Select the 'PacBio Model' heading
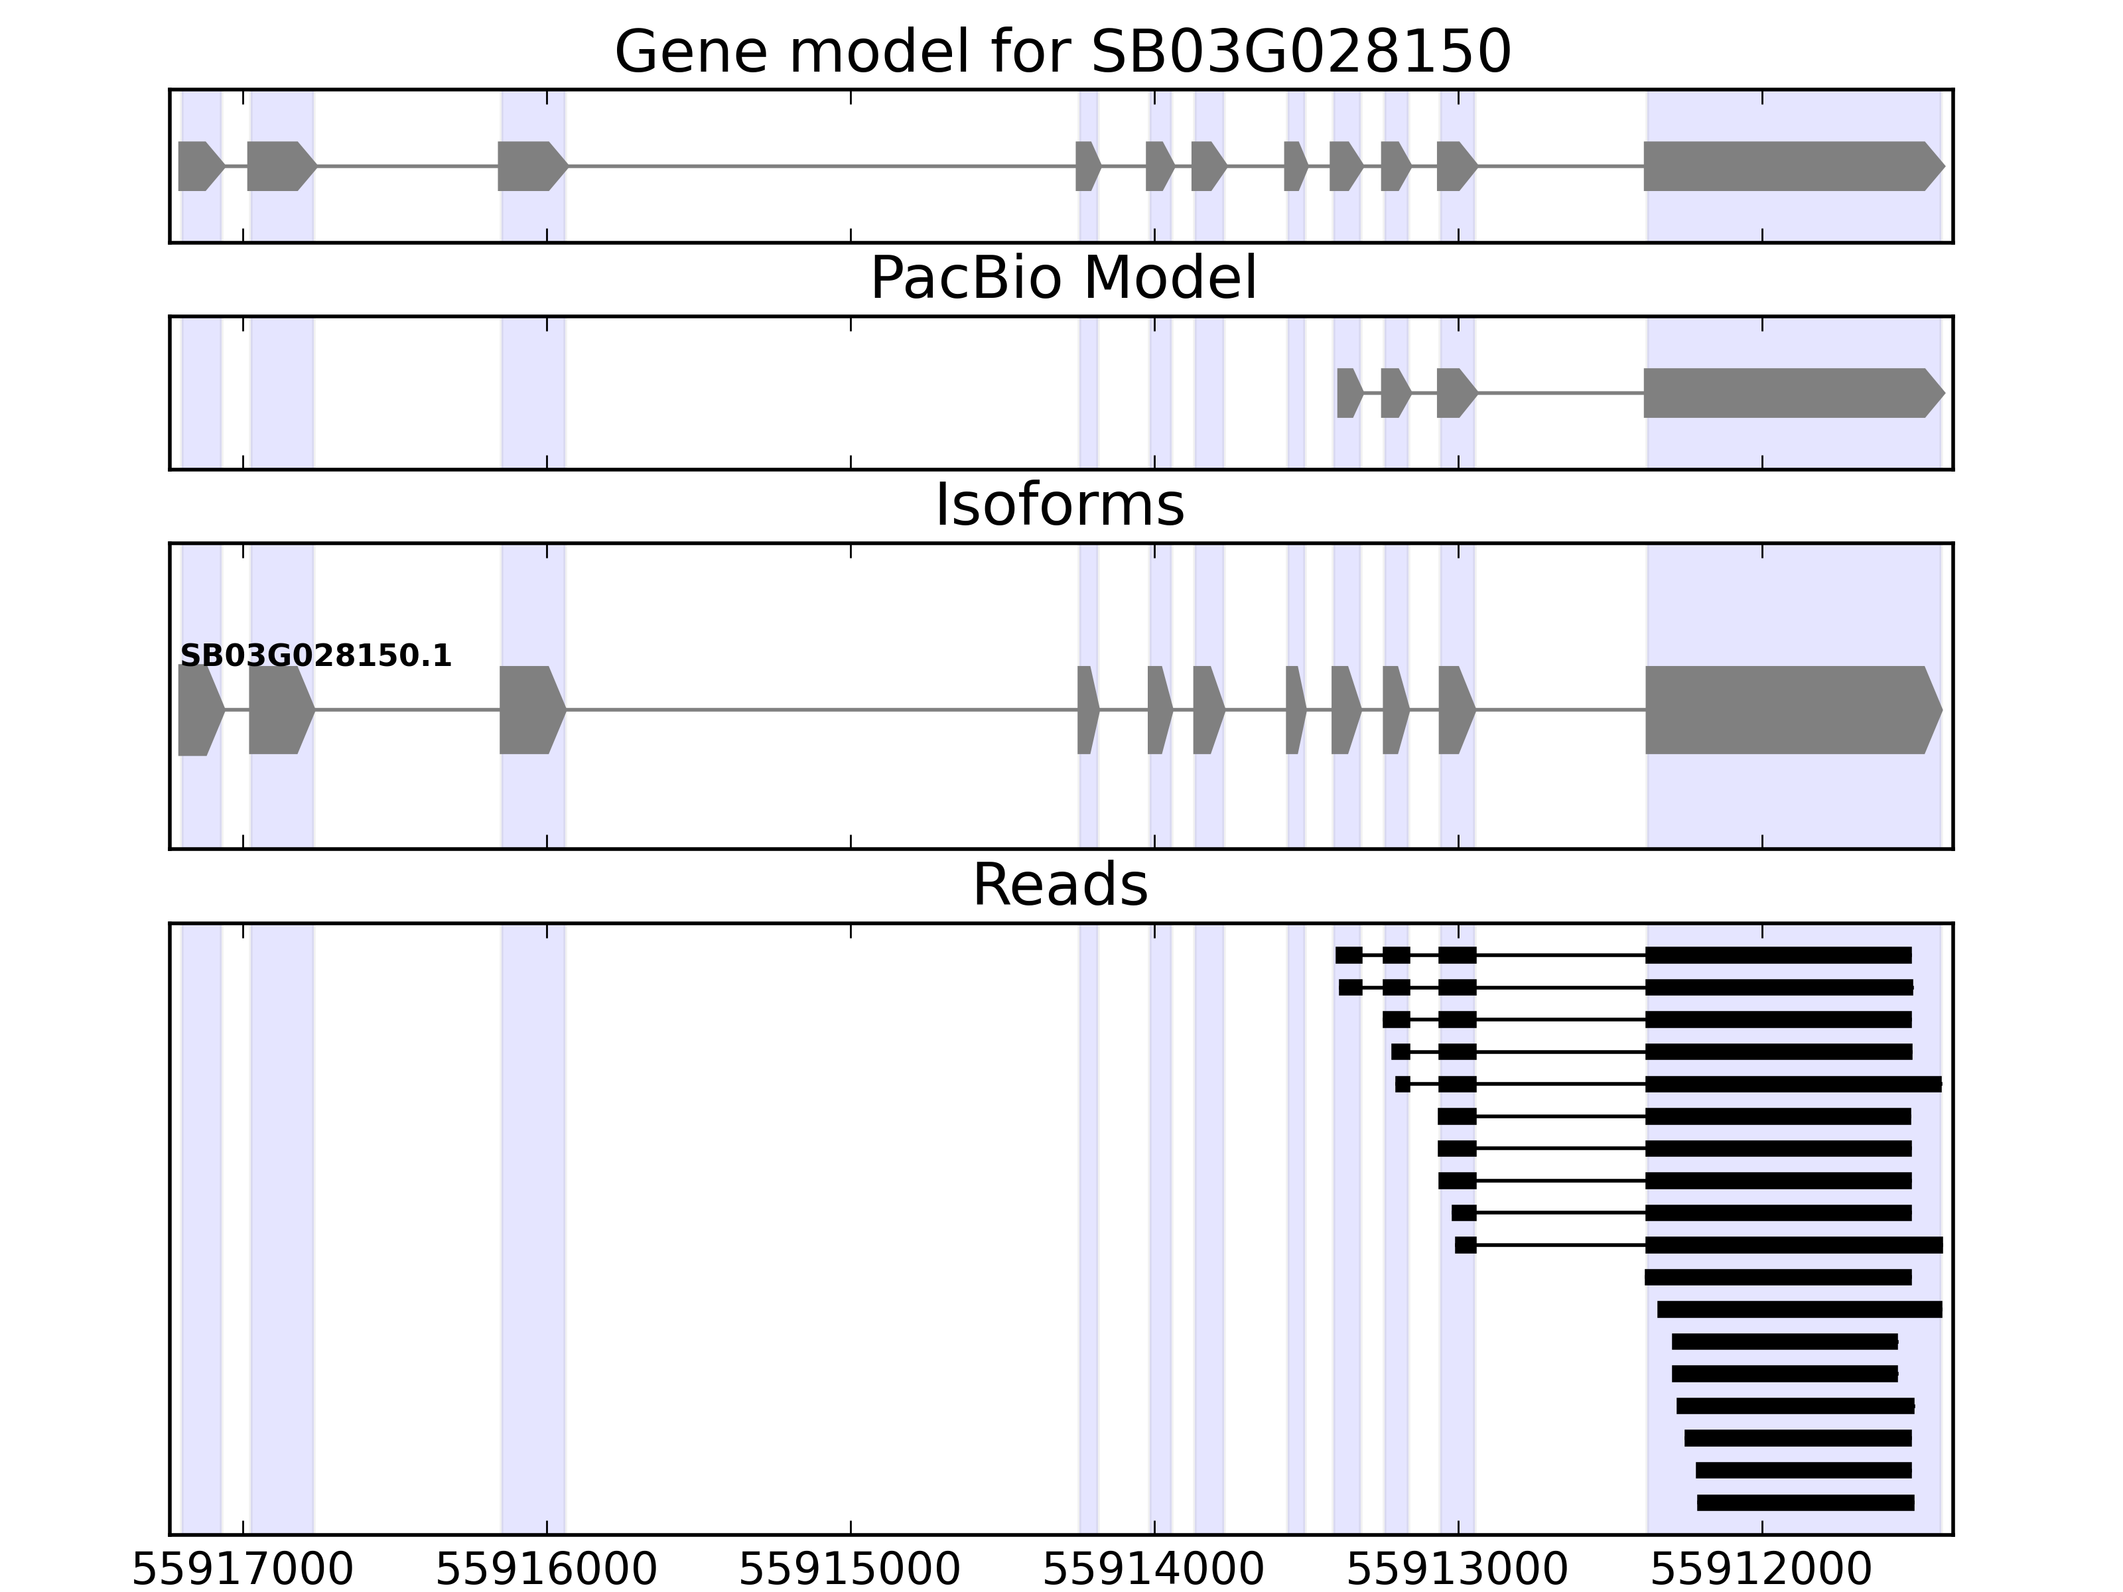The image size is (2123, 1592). click(1062, 279)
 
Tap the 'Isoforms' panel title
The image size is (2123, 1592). click(1060, 505)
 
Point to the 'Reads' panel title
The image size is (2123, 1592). click(1060, 885)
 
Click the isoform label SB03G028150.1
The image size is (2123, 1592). click(316, 657)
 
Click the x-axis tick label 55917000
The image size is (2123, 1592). click(243, 1571)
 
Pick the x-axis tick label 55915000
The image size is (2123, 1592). click(851, 1571)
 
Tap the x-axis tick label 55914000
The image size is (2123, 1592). click(1154, 1571)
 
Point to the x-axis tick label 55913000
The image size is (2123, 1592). click(1458, 1571)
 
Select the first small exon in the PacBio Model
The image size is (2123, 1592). click(1349, 393)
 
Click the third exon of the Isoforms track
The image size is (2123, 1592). click(531, 710)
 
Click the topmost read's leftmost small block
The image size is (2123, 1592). click(1349, 955)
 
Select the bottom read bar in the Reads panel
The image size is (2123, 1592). click(1805, 1502)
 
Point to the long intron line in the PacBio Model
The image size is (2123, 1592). click(1560, 393)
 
